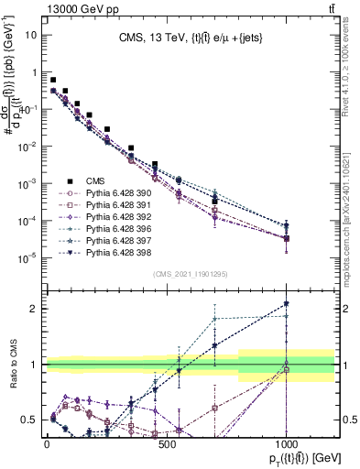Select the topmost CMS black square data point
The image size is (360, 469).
[53, 81]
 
